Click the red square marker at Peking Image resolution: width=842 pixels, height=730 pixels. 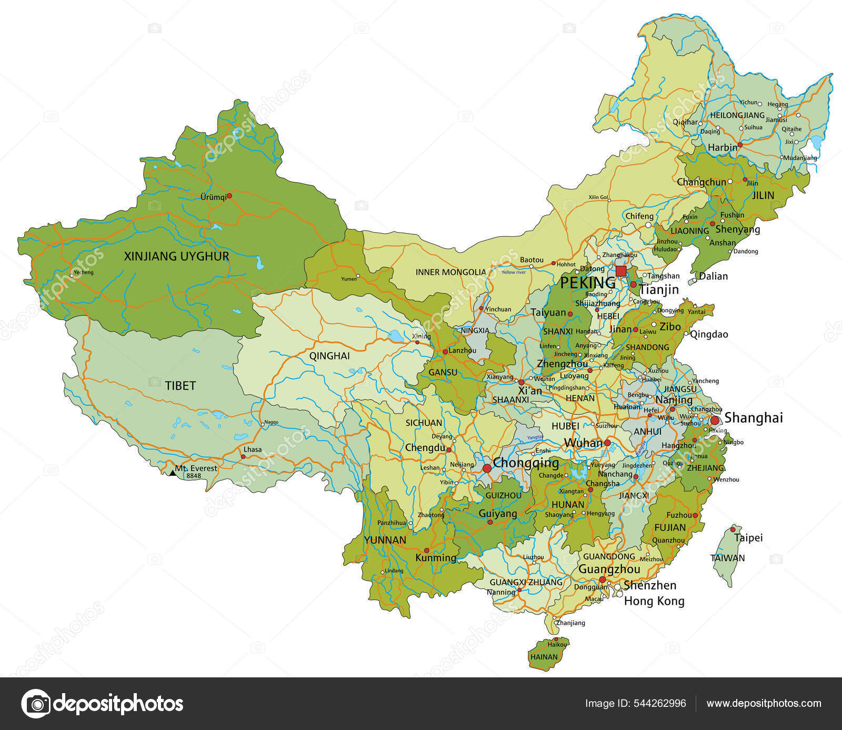(621, 271)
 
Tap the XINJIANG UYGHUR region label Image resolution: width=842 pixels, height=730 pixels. (176, 256)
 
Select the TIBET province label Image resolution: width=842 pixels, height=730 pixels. (181, 386)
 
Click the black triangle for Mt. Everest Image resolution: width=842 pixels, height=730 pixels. (173, 473)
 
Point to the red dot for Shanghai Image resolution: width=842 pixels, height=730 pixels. (715, 420)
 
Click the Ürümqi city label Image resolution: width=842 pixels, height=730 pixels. (213, 197)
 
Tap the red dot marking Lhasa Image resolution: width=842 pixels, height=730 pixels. (243, 456)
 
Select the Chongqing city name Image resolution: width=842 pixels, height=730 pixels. (526, 463)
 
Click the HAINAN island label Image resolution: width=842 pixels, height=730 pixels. (544, 657)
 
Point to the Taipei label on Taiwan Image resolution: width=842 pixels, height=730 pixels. (748, 537)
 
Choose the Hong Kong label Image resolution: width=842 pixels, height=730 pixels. (654, 601)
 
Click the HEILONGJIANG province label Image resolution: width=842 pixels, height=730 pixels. (737, 115)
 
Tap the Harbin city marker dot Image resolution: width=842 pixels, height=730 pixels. (740, 144)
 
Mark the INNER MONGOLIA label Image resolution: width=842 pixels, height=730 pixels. (451, 272)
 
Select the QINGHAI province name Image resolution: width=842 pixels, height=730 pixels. (329, 356)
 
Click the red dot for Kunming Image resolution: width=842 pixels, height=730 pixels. (427, 550)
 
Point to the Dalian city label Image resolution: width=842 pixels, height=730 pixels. (713, 276)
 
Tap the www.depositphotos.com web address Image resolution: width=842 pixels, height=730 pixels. (764, 704)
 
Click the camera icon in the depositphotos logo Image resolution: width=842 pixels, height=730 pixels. (36, 704)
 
